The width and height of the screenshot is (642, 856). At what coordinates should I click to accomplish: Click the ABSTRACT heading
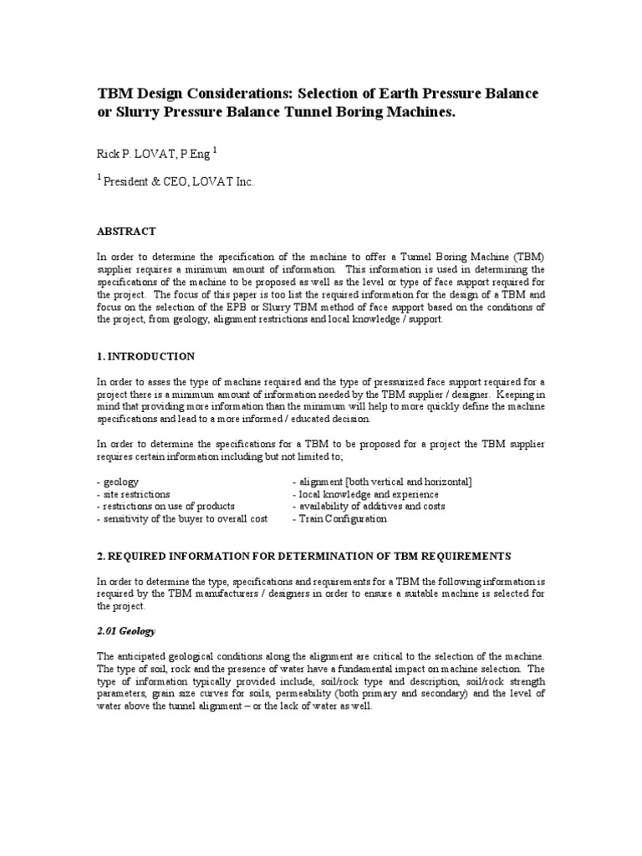point(125,231)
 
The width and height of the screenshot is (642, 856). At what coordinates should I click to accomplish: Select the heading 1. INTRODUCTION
point(145,356)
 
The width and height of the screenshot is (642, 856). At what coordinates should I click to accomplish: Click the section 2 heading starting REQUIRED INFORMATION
point(303,556)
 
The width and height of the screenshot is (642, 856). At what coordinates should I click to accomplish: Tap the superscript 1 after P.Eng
point(216,150)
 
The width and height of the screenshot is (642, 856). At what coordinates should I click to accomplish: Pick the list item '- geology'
point(118,482)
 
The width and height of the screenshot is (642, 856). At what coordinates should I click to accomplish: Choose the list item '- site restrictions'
point(134,494)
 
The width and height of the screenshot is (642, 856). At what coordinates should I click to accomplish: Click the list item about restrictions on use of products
point(166,506)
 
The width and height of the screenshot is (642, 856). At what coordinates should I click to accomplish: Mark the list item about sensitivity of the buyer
point(182,518)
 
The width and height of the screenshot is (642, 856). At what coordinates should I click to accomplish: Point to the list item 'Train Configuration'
point(339,518)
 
